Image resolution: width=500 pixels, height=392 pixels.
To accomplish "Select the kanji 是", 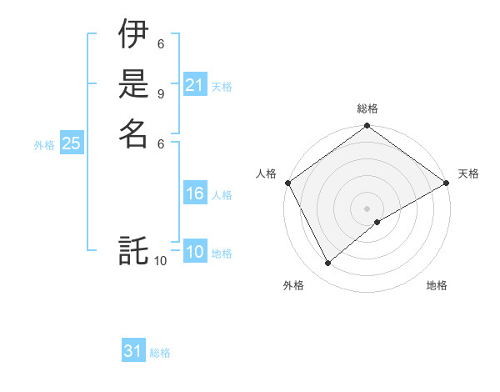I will click(x=133, y=84).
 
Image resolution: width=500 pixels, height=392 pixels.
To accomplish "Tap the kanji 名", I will click(x=133, y=133).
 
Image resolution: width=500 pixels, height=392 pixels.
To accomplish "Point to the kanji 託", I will click(x=133, y=249).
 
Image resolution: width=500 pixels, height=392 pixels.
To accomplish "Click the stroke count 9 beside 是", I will click(x=160, y=93).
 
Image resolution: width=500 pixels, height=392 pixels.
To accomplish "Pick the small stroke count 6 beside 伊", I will click(x=160, y=44).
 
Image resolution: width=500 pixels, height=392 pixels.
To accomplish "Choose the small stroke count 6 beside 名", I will click(x=160, y=143).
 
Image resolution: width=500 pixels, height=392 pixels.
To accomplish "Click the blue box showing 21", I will click(x=195, y=85).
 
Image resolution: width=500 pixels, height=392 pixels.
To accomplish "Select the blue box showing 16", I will click(x=195, y=193).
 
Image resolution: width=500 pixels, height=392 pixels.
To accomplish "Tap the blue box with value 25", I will click(x=72, y=143).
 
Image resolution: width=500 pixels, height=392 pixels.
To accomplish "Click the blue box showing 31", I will click(x=133, y=351).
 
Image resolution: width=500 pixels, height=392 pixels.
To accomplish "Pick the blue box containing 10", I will click(x=195, y=253).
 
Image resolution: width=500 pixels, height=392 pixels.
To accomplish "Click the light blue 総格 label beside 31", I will click(x=160, y=353).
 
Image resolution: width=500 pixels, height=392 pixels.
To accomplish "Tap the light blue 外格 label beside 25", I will click(x=44, y=144).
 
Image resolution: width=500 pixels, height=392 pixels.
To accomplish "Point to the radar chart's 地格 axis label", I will click(x=437, y=285).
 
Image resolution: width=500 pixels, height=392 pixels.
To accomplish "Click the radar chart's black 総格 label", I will click(x=367, y=108).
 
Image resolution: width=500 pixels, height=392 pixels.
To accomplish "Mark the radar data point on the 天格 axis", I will click(x=447, y=183).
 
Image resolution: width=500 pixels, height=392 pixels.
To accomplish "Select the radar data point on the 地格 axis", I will click(x=377, y=222).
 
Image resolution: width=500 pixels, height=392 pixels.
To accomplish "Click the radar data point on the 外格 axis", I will click(x=328, y=264).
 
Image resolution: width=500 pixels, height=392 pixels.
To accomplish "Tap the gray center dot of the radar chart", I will click(x=367, y=209).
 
